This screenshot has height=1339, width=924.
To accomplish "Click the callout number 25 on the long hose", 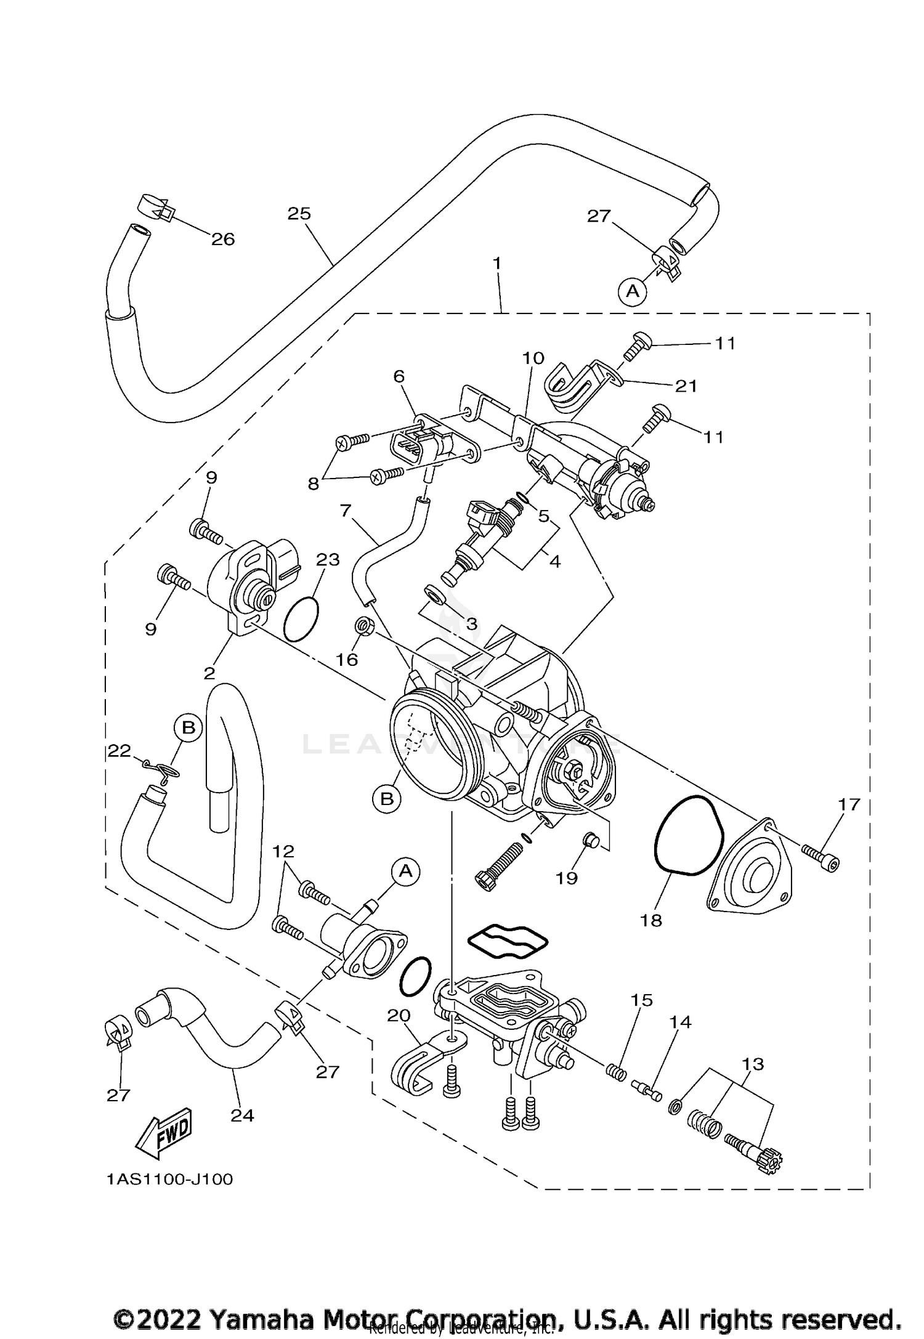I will [x=299, y=214].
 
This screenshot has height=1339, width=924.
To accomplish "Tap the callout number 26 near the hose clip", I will [x=223, y=239].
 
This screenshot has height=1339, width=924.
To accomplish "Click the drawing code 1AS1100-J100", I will [x=169, y=1179].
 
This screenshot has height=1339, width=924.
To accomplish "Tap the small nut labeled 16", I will [x=363, y=628].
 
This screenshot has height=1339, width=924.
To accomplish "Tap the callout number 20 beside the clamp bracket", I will [x=399, y=1014].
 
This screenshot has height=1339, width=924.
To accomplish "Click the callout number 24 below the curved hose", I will [x=242, y=1115].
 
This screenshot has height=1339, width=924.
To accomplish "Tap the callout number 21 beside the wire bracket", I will [x=686, y=386].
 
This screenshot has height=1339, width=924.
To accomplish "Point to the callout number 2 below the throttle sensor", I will [x=209, y=673].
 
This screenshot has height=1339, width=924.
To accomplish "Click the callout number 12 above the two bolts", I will [x=284, y=851].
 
